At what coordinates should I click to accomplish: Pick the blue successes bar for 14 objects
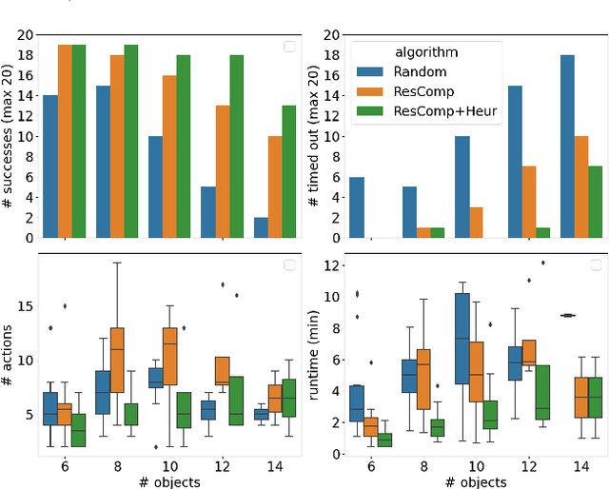(261, 227)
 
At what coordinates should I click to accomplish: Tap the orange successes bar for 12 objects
(223, 171)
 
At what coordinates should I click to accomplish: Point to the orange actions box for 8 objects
(117, 359)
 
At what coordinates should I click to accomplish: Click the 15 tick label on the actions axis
(23, 306)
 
